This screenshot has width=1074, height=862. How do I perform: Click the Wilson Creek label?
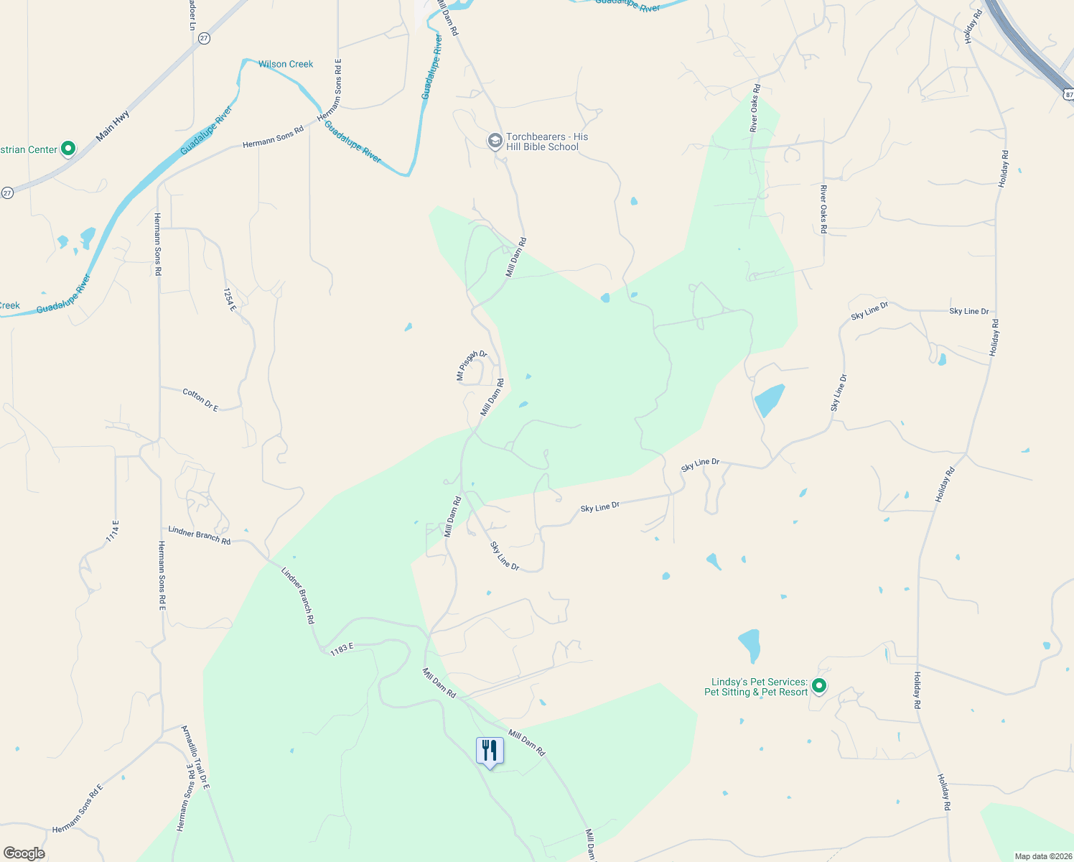286,64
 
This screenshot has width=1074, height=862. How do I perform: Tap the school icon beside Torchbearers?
495,141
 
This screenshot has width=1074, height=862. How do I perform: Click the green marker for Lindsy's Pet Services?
818,686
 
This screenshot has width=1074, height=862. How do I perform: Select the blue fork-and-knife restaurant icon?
490,751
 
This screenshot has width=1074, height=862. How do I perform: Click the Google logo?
24,853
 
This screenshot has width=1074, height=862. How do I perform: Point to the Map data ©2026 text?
1041,856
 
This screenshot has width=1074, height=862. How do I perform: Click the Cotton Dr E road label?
200,400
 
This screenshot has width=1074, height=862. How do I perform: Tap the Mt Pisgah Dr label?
471,365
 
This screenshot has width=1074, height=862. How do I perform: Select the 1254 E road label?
230,300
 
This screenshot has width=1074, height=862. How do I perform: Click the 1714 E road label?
113,531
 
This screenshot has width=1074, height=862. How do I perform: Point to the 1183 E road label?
342,649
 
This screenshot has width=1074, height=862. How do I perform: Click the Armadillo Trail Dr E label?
195,758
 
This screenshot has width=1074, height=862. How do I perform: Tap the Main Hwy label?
113,125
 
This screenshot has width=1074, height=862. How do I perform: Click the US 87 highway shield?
1068,94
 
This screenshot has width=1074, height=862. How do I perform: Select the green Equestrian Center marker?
68,149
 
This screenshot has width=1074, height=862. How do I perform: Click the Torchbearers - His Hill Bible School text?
546,142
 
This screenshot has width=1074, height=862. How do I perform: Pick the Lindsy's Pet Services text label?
756,687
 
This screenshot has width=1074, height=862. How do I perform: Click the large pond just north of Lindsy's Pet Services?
750,644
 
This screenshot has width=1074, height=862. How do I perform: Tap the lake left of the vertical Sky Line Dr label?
769,399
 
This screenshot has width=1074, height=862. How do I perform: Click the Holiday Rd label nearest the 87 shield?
973,27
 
